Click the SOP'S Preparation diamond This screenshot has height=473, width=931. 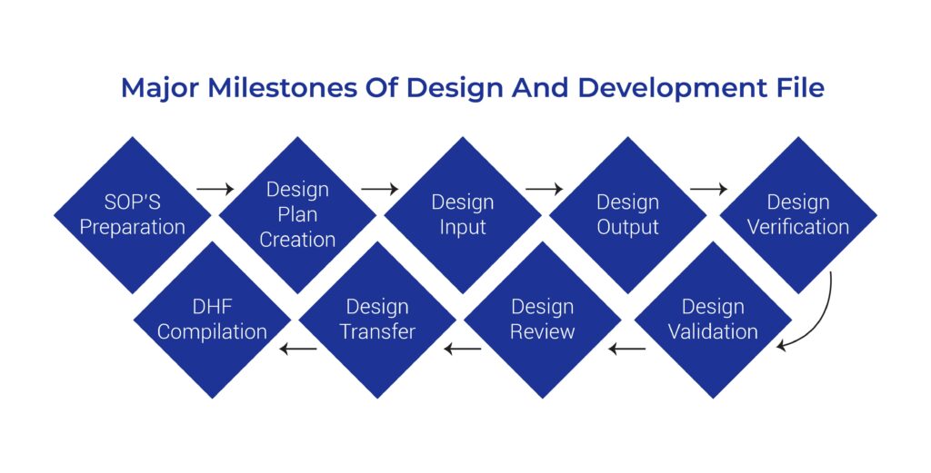(133, 214)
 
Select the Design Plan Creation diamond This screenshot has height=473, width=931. (297, 214)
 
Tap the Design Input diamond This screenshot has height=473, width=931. (462, 214)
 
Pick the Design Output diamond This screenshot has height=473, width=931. (627, 214)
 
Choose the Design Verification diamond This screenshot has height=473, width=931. (797, 214)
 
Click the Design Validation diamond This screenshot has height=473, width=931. (713, 320)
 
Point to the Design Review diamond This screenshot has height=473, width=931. (542, 320)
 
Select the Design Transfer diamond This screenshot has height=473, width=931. (376, 320)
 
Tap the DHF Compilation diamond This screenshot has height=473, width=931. (212, 320)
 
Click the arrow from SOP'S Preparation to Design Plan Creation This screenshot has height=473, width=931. (215, 190)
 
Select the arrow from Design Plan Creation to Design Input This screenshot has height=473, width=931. (380, 190)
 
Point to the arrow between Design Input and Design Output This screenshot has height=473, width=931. (545, 190)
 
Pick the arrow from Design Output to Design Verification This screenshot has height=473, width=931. (709, 190)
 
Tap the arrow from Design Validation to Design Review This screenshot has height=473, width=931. (627, 348)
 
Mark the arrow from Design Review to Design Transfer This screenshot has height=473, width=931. (462, 348)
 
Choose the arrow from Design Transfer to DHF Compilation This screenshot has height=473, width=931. (297, 348)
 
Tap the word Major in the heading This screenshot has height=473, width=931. (156, 88)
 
